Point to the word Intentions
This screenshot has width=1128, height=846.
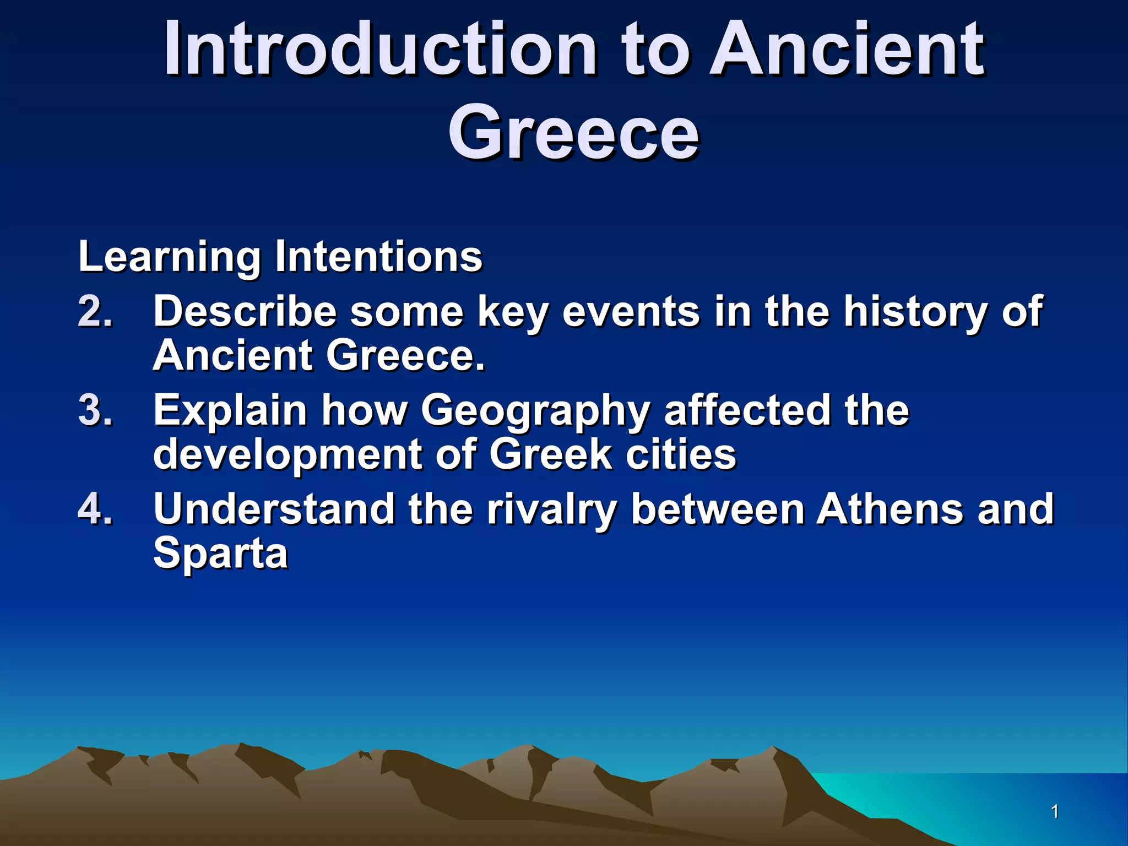[379, 257]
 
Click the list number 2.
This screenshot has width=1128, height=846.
[95, 312]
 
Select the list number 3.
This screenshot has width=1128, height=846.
[95, 410]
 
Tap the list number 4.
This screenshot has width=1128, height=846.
[95, 509]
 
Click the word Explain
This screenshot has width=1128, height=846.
[230, 411]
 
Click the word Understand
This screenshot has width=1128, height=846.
[274, 509]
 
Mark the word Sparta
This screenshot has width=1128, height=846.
[220, 554]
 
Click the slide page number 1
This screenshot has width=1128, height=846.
[1055, 811]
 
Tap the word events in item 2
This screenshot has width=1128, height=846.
[631, 312]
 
